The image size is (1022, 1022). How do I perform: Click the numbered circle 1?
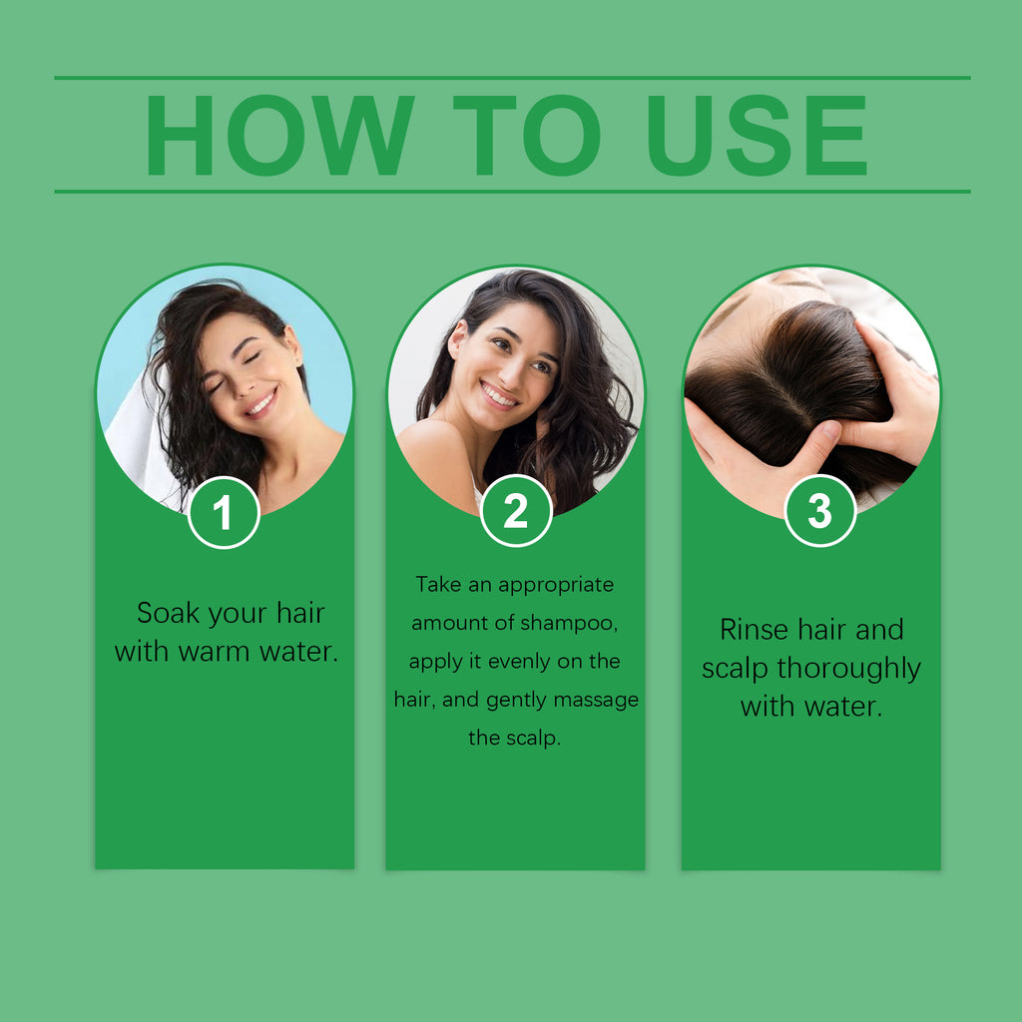pyautogui.click(x=224, y=512)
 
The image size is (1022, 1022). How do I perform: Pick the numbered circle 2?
pyautogui.click(x=516, y=511)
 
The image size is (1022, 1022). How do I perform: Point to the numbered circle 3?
pyautogui.click(x=819, y=511)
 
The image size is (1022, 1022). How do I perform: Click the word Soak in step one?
pyautogui.click(x=168, y=613)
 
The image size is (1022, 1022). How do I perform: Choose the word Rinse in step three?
pyautogui.click(x=754, y=630)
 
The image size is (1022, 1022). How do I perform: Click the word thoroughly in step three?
pyautogui.click(x=848, y=669)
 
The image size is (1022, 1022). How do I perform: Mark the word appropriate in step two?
pyautogui.click(x=556, y=584)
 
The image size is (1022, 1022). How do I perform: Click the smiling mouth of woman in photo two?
pyautogui.click(x=499, y=395)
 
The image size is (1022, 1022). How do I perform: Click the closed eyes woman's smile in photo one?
pyautogui.click(x=260, y=403)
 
